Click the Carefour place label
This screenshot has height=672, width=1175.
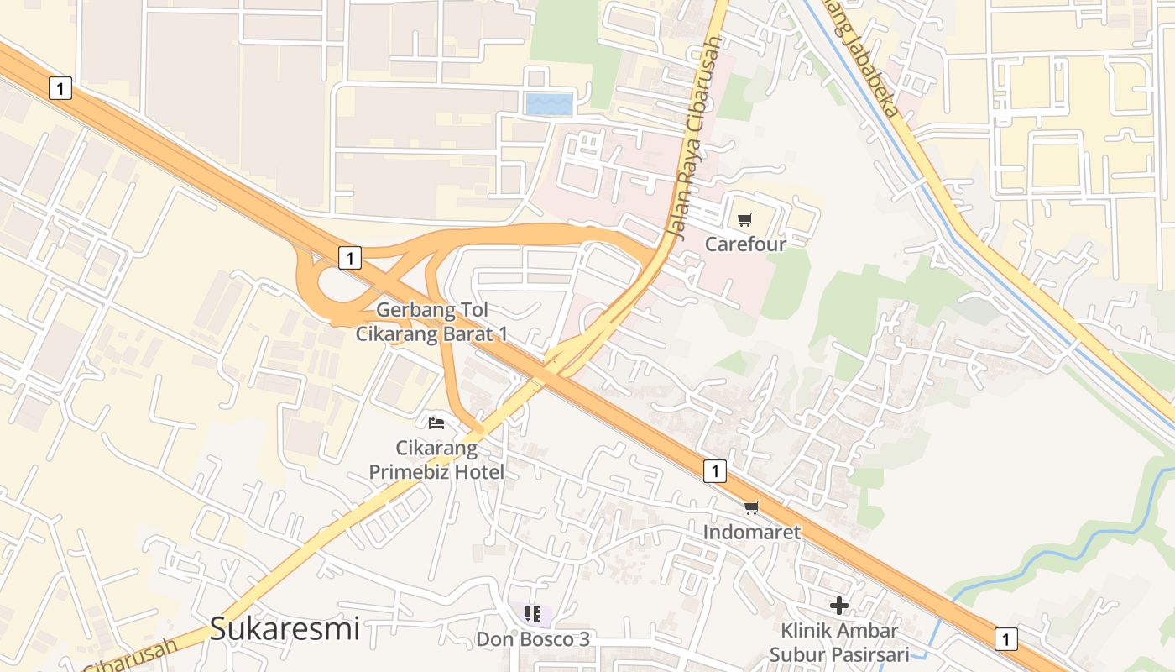coord(745,244)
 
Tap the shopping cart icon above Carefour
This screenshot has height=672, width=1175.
coord(745,220)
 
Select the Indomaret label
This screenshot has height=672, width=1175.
coord(752,532)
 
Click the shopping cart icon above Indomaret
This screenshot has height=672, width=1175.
coord(752,507)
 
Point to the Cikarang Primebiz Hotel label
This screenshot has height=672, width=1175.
coord(436,460)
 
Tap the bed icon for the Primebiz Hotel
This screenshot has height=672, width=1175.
coord(436,423)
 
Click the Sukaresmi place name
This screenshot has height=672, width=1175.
coord(285,628)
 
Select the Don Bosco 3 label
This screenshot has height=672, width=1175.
coord(533,639)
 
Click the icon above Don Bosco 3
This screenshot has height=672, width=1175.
coord(532,614)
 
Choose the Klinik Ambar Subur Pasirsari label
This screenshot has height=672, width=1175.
coord(839,642)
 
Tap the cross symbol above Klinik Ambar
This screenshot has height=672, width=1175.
coord(838,605)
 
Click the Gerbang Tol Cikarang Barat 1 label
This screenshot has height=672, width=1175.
coord(432,322)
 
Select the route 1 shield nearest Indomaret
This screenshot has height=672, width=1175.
coord(714,471)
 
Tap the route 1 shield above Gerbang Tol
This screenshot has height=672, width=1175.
coord(350,257)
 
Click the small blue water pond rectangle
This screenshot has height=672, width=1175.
coord(549,105)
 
